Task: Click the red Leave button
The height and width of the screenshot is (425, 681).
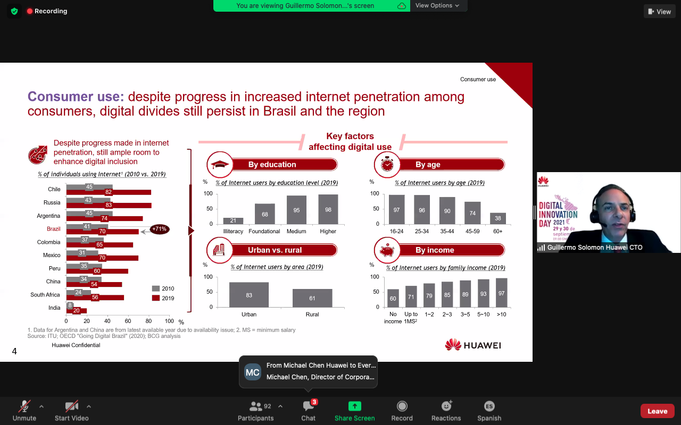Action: click(657, 411)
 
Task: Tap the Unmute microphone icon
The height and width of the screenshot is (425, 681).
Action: click(24, 406)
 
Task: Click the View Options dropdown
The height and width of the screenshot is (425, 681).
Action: click(437, 5)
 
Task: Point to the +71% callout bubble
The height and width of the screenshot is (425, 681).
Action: click(159, 229)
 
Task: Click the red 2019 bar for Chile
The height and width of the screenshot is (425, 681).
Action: click(109, 192)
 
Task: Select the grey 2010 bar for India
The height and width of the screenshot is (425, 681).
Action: click(70, 305)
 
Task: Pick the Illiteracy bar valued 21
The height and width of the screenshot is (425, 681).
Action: click(233, 220)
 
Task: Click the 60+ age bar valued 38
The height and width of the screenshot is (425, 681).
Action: click(497, 218)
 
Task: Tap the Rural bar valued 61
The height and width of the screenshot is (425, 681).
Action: click(312, 298)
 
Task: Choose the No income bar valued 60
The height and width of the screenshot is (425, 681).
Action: click(393, 298)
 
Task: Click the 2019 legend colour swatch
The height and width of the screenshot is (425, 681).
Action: click(156, 298)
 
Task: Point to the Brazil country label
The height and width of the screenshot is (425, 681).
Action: click(54, 229)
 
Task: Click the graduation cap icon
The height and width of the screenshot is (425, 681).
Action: click(220, 165)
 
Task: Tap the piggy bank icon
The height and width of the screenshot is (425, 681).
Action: click(387, 250)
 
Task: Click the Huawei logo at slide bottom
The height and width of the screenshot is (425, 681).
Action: click(473, 345)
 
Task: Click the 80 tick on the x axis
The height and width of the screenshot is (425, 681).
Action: click(148, 321)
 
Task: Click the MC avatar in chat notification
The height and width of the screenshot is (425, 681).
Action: click(253, 372)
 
